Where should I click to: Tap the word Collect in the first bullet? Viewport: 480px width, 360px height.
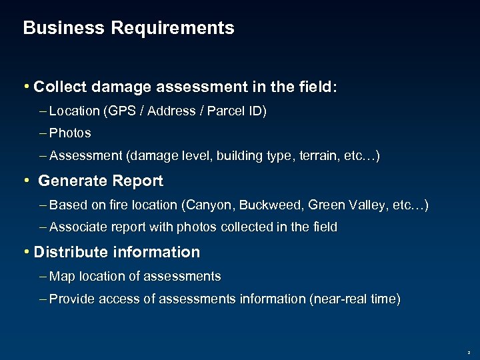tap(59, 87)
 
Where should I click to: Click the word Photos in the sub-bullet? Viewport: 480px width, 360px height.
tap(70, 133)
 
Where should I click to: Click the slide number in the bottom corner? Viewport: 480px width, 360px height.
tap(469, 350)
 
